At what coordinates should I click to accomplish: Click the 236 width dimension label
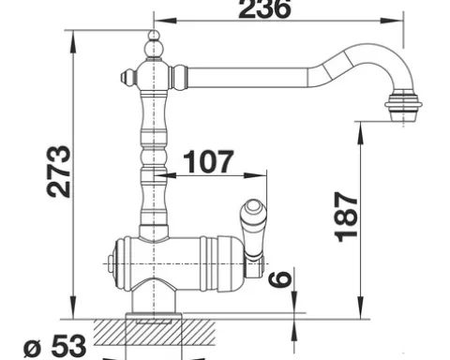click(x=265, y=8)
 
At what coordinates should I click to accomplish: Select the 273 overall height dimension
click(x=59, y=172)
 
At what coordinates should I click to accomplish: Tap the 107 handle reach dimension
click(x=208, y=162)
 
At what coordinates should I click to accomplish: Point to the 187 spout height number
click(x=346, y=217)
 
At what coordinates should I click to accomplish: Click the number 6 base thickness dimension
click(x=280, y=278)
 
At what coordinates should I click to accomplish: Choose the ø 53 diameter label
click(x=55, y=346)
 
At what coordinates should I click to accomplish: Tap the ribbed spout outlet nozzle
click(x=403, y=107)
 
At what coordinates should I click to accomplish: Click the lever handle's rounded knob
click(x=253, y=208)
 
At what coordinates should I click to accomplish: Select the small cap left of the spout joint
click(x=128, y=77)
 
